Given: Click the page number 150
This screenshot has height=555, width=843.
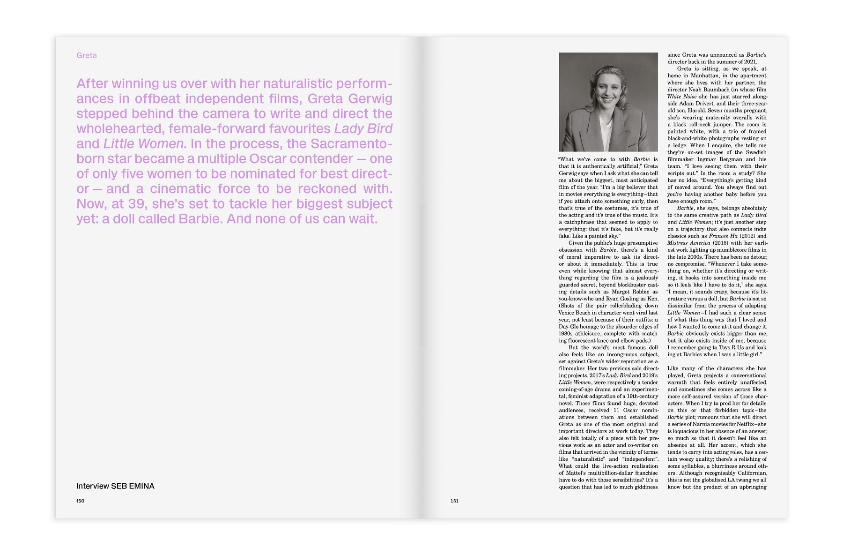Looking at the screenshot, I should [x=80, y=501].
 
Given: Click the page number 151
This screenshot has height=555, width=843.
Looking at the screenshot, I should [x=454, y=501].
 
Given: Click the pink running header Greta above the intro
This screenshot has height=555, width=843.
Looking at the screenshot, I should [x=87, y=55].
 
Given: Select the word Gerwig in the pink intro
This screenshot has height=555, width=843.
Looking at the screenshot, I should [x=370, y=99].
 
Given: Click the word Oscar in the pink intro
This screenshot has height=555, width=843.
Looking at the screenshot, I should [x=268, y=159].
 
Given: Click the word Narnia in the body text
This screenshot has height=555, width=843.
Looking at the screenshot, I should [x=699, y=424].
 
